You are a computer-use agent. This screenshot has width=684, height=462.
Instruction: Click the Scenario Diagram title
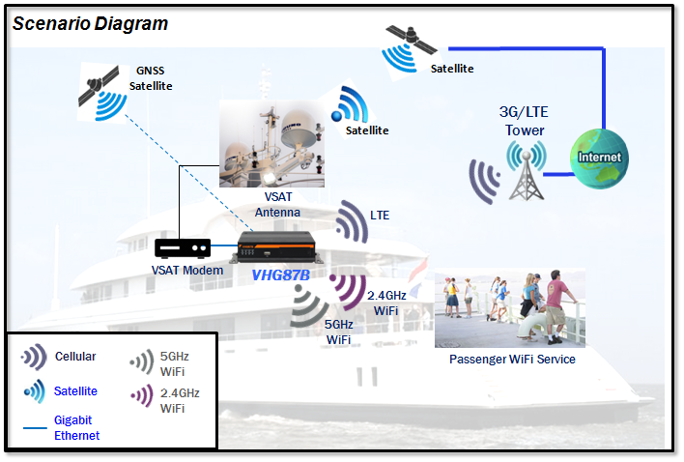90,23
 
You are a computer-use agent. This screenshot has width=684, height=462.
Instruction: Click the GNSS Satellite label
151,78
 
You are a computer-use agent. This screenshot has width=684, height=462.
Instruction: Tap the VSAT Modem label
187,271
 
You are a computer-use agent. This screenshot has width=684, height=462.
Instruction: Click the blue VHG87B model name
280,275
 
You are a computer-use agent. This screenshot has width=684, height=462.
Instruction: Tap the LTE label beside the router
380,215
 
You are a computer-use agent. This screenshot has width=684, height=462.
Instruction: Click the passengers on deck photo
510,307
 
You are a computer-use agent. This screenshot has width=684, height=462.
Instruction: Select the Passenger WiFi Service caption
512,360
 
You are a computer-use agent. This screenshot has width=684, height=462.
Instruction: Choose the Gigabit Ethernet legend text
77,428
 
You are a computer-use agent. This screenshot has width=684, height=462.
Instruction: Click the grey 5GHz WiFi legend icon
141,362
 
